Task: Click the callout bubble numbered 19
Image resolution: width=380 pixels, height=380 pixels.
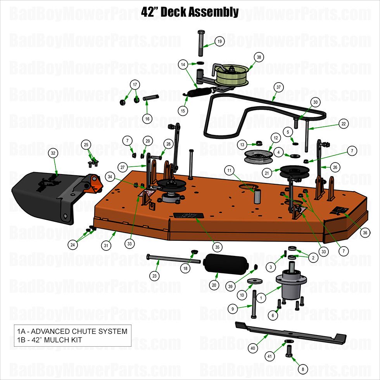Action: coord(219,41)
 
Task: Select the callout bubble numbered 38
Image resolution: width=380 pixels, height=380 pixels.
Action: coord(259,57)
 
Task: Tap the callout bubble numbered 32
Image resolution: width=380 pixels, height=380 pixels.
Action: coord(54,153)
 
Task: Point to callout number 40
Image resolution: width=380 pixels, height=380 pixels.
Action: coord(253,349)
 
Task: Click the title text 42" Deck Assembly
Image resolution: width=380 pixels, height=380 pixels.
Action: coord(190,12)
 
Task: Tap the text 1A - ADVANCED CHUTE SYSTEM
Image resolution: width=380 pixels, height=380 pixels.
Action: coord(72,332)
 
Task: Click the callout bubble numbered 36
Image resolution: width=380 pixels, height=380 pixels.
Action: coord(364,233)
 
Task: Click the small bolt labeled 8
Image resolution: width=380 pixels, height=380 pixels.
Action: coord(288,352)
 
